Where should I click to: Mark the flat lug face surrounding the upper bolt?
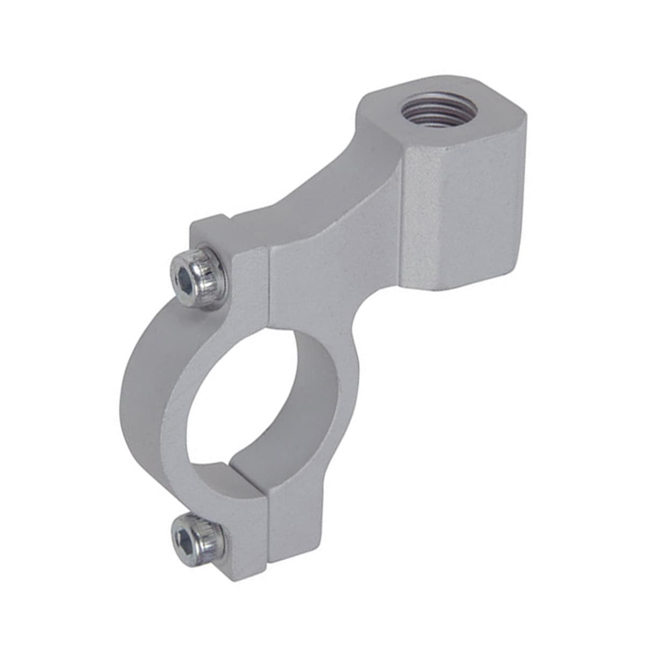click(x=245, y=279)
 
